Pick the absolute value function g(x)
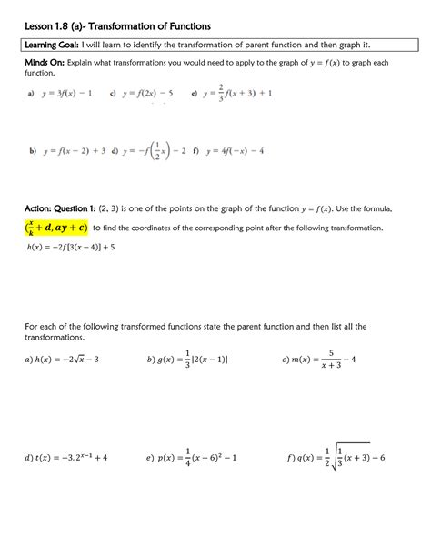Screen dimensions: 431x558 point(189,359)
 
